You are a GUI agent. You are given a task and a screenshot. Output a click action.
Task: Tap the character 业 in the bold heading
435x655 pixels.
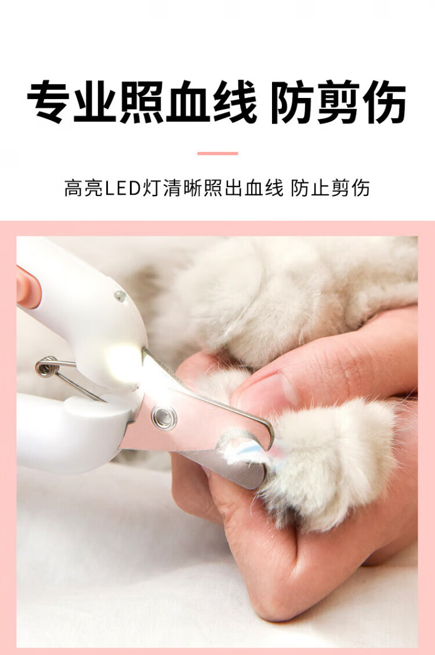pyautogui.click(x=95, y=101)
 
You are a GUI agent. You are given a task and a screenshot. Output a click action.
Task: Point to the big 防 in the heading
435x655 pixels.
pyautogui.click(x=292, y=101)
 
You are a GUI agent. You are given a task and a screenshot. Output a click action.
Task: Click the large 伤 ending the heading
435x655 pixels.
pyautogui.click(x=385, y=101)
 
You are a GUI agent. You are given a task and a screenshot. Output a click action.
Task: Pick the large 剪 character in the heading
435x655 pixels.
pyautogui.click(x=339, y=101)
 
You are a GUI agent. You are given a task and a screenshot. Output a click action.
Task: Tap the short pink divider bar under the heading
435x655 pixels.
pyautogui.click(x=217, y=154)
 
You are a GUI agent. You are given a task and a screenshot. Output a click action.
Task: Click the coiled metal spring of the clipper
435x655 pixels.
pyautogui.click(x=47, y=367)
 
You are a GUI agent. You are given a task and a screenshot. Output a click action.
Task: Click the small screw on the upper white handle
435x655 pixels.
pyautogui.click(x=120, y=296)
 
